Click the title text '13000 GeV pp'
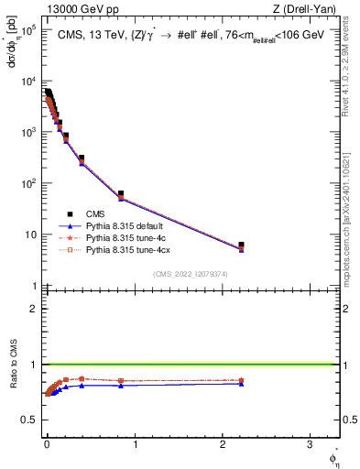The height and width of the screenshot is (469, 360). point(65,10)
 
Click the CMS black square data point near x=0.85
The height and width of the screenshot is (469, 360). point(121,194)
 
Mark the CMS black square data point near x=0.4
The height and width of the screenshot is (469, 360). point(82,158)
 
